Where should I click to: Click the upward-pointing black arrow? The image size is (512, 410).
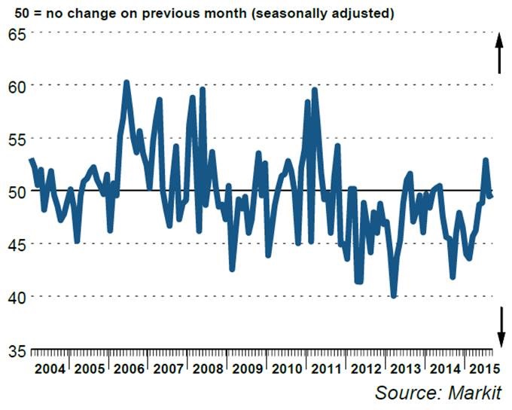coord(498,54)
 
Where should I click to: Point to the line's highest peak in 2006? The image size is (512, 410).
coord(126,82)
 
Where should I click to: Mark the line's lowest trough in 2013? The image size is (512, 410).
coord(393,295)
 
